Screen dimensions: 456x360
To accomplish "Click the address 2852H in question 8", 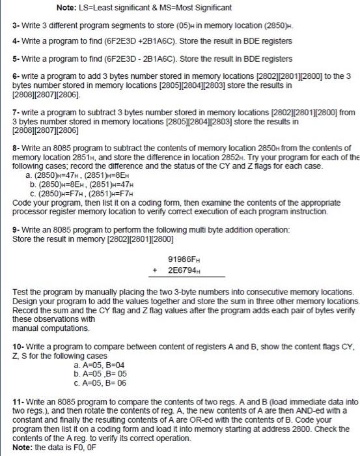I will pyautogui.click(x=230, y=157).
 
